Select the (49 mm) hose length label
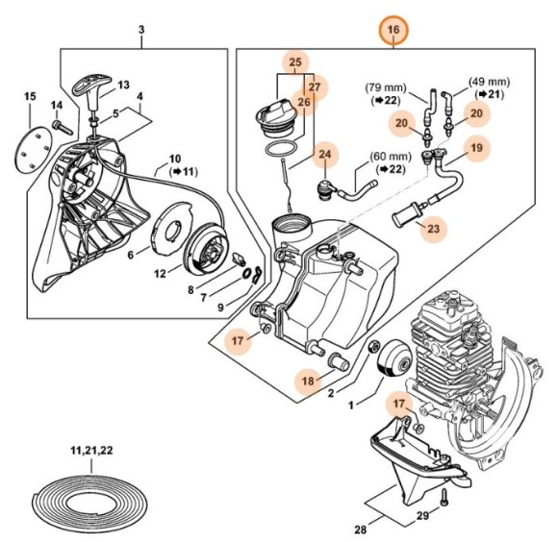pos(489,81)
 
